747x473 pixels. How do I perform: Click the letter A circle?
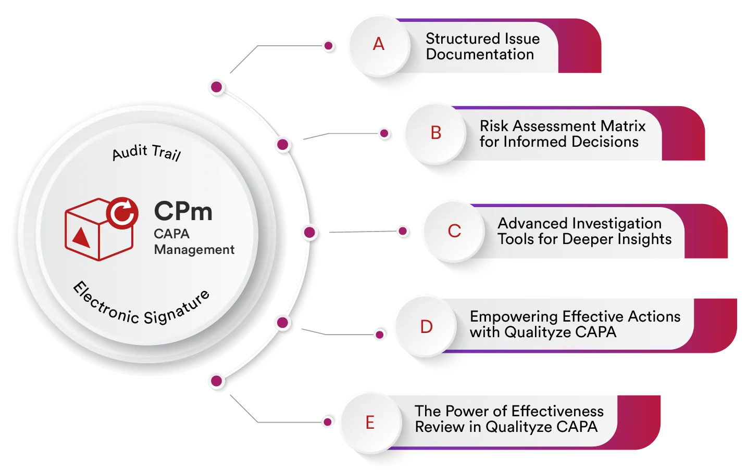click(x=379, y=44)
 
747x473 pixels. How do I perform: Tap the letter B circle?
click(x=436, y=133)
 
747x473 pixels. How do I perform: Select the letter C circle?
click(x=454, y=231)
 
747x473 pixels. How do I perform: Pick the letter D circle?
click(x=426, y=327)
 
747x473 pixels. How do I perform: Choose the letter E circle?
click(x=370, y=422)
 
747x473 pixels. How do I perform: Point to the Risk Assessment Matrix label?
click(x=562, y=134)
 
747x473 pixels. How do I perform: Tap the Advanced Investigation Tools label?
click(x=583, y=231)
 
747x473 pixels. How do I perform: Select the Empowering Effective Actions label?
click(x=574, y=324)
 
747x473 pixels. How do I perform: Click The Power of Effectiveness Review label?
click(x=508, y=419)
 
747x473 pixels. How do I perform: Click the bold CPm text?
click(x=183, y=212)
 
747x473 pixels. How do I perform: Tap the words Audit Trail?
click(x=146, y=152)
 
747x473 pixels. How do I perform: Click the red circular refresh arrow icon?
click(x=122, y=213)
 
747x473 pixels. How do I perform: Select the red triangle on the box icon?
click(x=81, y=237)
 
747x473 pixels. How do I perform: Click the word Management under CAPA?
click(x=194, y=250)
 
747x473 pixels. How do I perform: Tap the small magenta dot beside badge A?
click(x=328, y=46)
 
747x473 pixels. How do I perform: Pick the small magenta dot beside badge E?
click(x=328, y=421)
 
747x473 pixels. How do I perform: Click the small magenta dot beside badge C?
click(x=402, y=231)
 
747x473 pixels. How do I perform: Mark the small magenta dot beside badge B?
click(x=384, y=134)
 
